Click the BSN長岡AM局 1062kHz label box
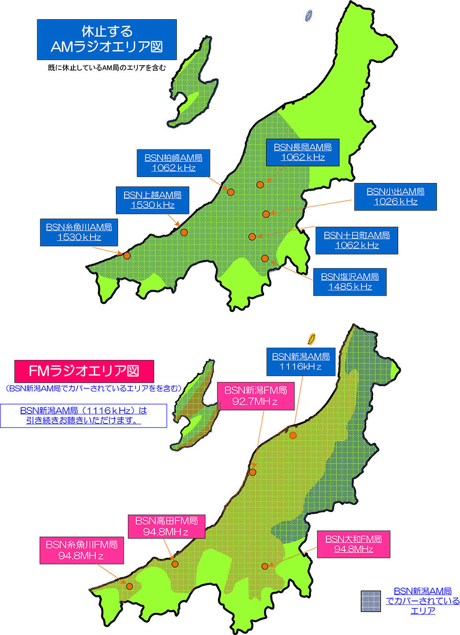coord(302,152)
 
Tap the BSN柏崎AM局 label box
coord(173,162)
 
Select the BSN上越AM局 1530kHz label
coord(152,200)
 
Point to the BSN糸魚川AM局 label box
coord(79,232)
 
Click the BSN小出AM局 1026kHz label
coord(395,196)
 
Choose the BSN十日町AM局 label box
coord(356,240)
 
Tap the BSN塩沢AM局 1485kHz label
coord(350,281)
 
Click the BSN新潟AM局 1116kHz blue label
coord(300,361)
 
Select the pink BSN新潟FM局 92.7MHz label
coord(255,395)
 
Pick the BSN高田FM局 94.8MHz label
coord(166,526)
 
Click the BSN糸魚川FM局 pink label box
coord(81,550)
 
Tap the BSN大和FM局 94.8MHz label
coord(354,544)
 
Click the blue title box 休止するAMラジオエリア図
coord(106,39)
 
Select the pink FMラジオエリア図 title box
coord(84,371)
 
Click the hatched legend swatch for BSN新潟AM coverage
coord(370,600)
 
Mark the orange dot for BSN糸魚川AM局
coord(127,255)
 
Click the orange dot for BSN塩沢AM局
coord(265,258)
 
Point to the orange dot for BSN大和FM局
coord(264,566)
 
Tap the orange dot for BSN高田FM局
coord(175,564)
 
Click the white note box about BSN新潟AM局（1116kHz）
coord(83,416)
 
